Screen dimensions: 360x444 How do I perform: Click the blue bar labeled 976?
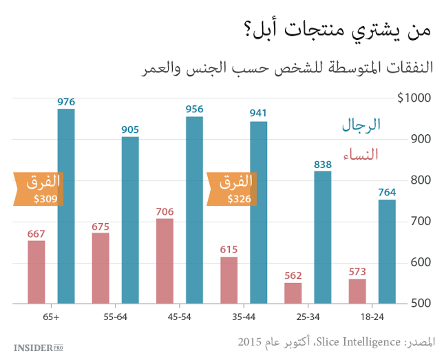66,205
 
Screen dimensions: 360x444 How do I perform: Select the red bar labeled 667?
36,272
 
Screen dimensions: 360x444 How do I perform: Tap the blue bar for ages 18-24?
387,251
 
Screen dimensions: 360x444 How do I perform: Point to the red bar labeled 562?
293,293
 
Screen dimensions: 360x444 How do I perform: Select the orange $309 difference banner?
39,188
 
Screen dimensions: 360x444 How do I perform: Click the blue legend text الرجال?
361,125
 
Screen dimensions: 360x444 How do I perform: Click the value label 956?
194,109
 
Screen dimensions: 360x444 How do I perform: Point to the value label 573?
357,271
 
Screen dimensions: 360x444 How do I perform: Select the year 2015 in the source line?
250,341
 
